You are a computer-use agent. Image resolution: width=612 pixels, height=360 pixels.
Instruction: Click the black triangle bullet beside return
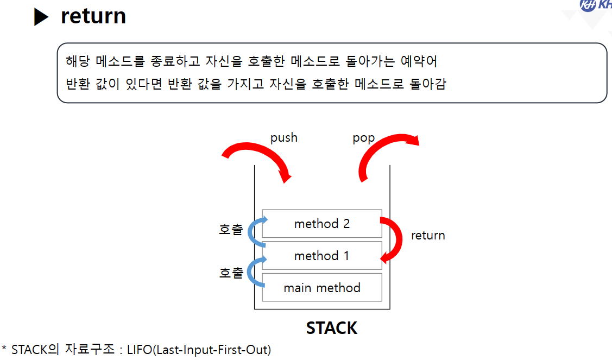click(x=41, y=17)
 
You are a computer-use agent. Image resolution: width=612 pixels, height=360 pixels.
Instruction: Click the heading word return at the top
click(x=93, y=16)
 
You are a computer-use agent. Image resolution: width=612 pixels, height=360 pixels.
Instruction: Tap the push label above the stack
click(x=284, y=137)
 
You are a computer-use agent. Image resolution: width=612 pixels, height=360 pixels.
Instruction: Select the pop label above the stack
click(x=364, y=138)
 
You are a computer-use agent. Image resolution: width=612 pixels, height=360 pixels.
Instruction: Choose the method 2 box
click(x=322, y=223)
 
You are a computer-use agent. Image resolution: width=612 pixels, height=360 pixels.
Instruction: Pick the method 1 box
click(x=322, y=255)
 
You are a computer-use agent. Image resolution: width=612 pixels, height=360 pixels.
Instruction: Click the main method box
click(x=322, y=287)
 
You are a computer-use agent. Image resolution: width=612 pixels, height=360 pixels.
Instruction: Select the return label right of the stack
click(x=428, y=235)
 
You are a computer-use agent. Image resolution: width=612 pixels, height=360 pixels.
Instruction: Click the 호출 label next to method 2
click(x=231, y=229)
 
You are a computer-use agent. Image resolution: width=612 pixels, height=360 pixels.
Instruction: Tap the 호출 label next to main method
click(x=231, y=273)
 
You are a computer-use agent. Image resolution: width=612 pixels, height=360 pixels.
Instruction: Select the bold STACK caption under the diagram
click(x=331, y=328)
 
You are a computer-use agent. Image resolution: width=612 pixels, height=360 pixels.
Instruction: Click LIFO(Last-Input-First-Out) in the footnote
click(x=199, y=349)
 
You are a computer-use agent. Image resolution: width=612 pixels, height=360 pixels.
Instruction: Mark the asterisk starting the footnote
click(x=4, y=348)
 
